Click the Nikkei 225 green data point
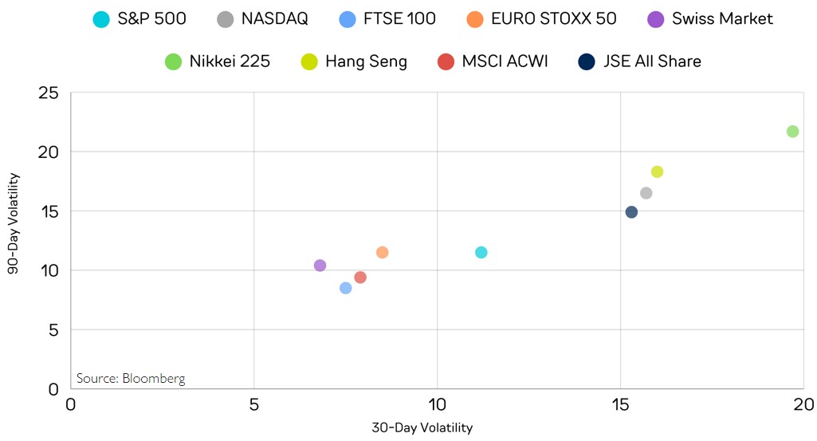tap(792, 132)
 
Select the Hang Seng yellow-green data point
tap(657, 172)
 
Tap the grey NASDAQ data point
tap(646, 193)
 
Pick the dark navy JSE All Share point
tap(631, 212)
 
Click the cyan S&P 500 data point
tap(481, 253)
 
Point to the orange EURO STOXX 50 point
tap(382, 253)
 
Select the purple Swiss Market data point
tap(320, 266)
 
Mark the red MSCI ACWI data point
tap(360, 278)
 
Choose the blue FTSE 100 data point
tap(345, 288)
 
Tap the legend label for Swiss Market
tap(722, 19)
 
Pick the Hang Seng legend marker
tap(310, 61)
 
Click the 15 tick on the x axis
tap(620, 404)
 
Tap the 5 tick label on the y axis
tap(54, 329)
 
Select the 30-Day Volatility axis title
tap(422, 428)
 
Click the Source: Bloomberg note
tap(131, 378)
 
